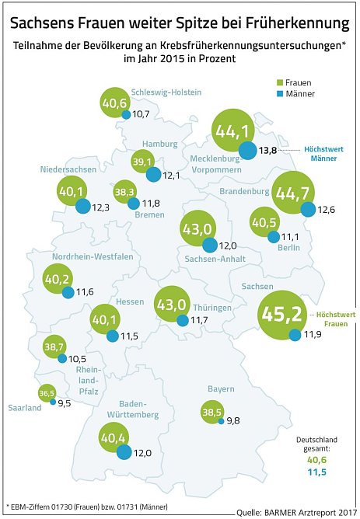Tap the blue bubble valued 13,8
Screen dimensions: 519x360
248,151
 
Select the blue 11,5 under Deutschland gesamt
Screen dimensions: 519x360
319,472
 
